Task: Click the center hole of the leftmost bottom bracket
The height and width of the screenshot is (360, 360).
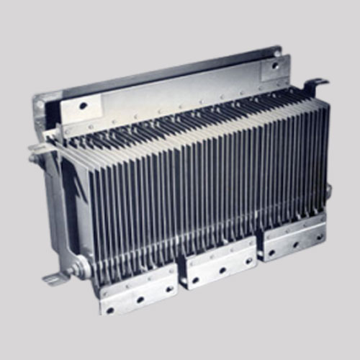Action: pyautogui.click(x=140, y=299)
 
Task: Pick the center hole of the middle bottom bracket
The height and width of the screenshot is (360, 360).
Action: pyautogui.click(x=222, y=271)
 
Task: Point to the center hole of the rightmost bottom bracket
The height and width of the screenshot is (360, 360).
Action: pyautogui.click(x=292, y=246)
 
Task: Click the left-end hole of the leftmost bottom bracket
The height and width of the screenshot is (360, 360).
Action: pyautogui.click(x=110, y=310)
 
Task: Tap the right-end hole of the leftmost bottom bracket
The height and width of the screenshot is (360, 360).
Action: pyautogui.click(x=169, y=289)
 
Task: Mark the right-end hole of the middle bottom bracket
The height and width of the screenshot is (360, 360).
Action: pyautogui.click(x=246, y=261)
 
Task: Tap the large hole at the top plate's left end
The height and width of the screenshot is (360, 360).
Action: pyautogui.click(x=84, y=106)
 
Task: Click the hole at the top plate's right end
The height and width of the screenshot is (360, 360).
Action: pyautogui.click(x=274, y=66)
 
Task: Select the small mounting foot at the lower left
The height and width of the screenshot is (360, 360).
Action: pyautogui.click(x=54, y=278)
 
